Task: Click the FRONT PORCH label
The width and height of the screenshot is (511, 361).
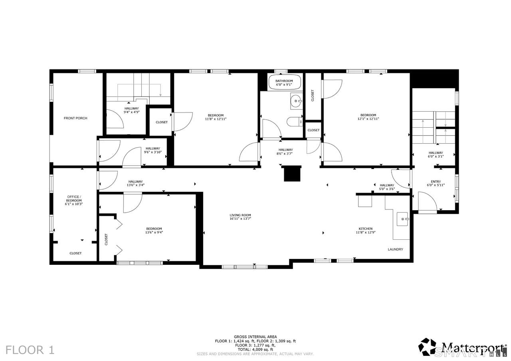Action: pos(75,118)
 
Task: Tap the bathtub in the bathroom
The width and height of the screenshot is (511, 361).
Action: pos(285,82)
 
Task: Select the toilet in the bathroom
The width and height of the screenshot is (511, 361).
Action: pos(295,122)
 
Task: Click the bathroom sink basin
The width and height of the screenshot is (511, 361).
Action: pos(296,101)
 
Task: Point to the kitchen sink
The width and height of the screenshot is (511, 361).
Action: pos(403,219)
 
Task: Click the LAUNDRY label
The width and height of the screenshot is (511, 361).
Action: pos(395,249)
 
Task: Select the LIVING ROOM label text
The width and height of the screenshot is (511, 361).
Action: pos(240,215)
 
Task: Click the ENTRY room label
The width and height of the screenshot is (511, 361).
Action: pos(436,181)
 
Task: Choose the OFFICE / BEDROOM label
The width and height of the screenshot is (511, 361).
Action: pos(74,199)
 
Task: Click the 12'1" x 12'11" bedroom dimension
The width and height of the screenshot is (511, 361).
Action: pos(368,119)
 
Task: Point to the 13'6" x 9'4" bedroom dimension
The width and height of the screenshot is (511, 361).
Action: pos(154,233)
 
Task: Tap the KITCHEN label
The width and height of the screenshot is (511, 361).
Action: pos(366,229)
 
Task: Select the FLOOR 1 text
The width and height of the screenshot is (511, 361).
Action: pos(30,350)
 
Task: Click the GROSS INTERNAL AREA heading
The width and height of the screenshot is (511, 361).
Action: pos(255,337)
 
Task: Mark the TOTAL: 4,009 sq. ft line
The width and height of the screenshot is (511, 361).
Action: pos(255,349)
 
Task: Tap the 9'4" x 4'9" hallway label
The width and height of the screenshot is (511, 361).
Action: pos(131,112)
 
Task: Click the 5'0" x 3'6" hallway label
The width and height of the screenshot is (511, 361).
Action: pos(387,189)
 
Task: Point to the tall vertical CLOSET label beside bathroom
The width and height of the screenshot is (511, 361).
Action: pos(313,95)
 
